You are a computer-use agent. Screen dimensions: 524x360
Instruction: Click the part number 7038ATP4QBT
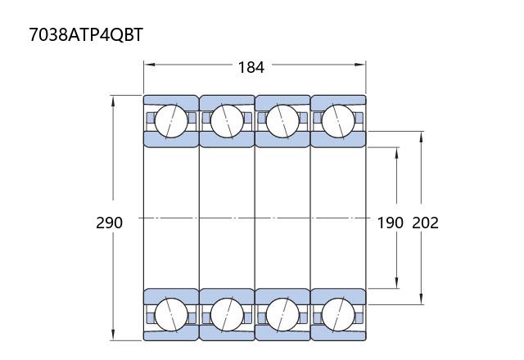click(x=86, y=34)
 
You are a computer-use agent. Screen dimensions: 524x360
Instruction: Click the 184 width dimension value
click(x=251, y=67)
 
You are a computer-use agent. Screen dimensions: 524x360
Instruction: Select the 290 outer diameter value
click(x=109, y=223)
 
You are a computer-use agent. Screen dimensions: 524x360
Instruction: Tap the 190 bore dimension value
click(x=390, y=223)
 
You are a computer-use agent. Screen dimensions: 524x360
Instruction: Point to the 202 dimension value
click(x=425, y=223)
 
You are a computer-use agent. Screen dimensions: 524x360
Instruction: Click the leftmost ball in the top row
click(x=171, y=121)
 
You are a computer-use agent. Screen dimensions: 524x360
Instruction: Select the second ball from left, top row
click(x=227, y=121)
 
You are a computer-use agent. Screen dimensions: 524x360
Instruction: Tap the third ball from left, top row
click(x=282, y=121)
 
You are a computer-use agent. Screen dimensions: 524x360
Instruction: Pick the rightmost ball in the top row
click(x=338, y=121)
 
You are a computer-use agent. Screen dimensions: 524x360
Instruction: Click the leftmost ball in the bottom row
click(x=171, y=314)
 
